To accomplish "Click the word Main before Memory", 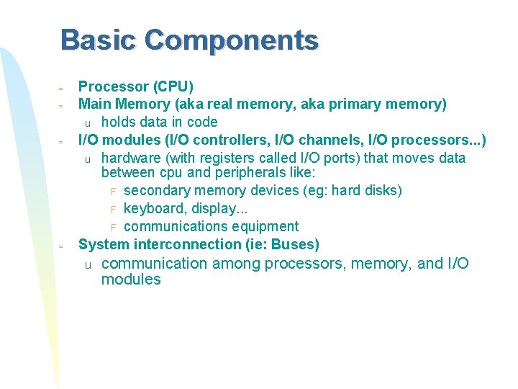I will (x=94, y=104).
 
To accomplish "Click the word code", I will (x=201, y=122).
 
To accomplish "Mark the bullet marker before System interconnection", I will (x=61, y=246).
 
